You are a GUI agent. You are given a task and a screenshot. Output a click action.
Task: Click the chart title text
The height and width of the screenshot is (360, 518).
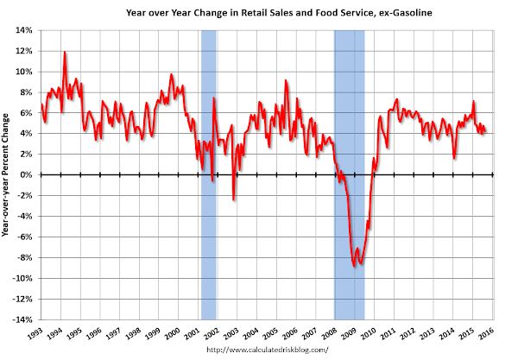[268, 12]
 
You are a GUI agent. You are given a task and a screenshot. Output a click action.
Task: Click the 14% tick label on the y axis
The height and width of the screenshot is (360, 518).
[22, 30]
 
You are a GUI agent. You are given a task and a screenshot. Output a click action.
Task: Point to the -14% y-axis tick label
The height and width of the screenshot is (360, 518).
[21, 319]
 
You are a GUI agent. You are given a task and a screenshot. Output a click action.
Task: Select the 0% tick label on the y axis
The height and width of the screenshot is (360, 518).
[25, 175]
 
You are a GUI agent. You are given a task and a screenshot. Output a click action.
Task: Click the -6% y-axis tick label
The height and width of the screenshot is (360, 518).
[23, 237]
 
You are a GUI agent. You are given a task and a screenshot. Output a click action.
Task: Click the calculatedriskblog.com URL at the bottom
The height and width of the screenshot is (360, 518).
[268, 351]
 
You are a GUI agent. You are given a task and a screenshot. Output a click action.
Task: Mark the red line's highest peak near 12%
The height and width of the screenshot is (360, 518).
[65, 53]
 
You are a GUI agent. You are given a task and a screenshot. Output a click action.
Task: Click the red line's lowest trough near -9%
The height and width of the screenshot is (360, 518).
[355, 266]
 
